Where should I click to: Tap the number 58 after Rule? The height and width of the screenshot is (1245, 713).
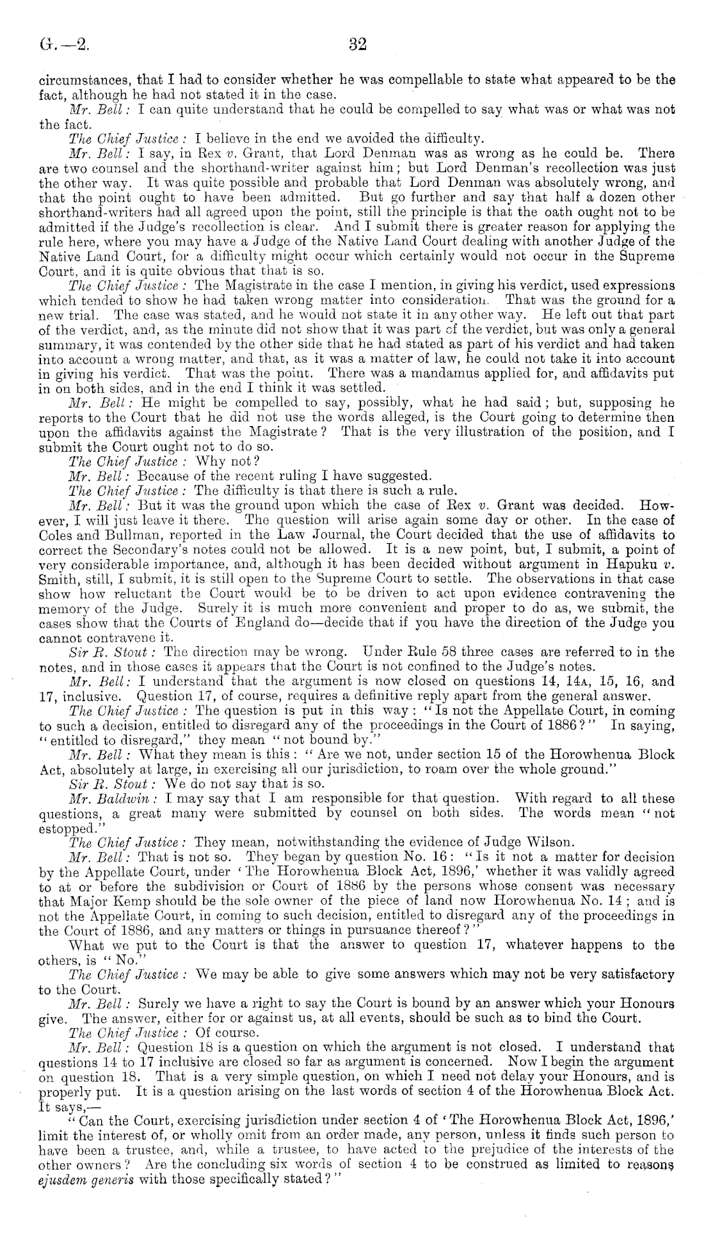pyautogui.click(x=423, y=652)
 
